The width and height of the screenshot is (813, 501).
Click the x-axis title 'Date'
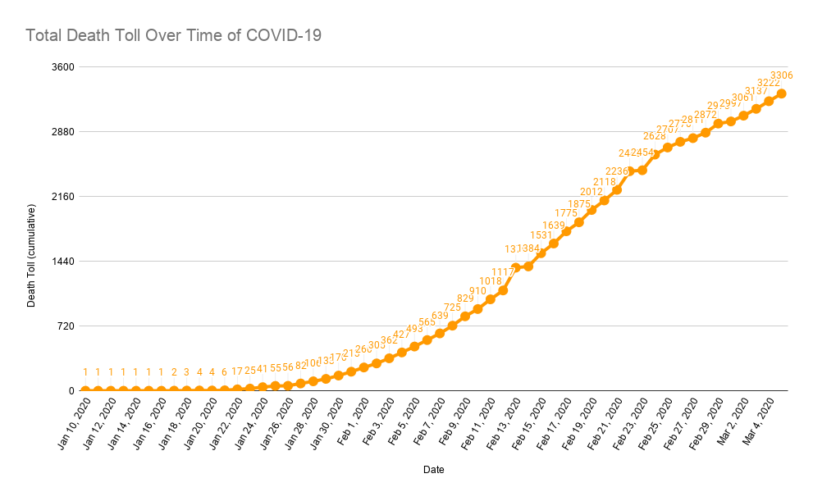point(434,470)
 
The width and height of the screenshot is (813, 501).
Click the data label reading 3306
point(781,75)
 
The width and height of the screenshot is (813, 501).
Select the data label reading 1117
point(502,272)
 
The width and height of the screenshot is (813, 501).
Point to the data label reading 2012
point(591,192)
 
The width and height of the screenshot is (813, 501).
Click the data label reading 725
point(452,307)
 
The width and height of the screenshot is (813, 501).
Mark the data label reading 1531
point(541,235)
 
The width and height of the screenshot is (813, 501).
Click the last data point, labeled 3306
point(782,93)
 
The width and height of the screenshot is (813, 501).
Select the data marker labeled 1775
point(566,231)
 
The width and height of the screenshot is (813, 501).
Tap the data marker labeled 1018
point(490,299)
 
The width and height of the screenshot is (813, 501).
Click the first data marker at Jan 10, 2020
point(85,391)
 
